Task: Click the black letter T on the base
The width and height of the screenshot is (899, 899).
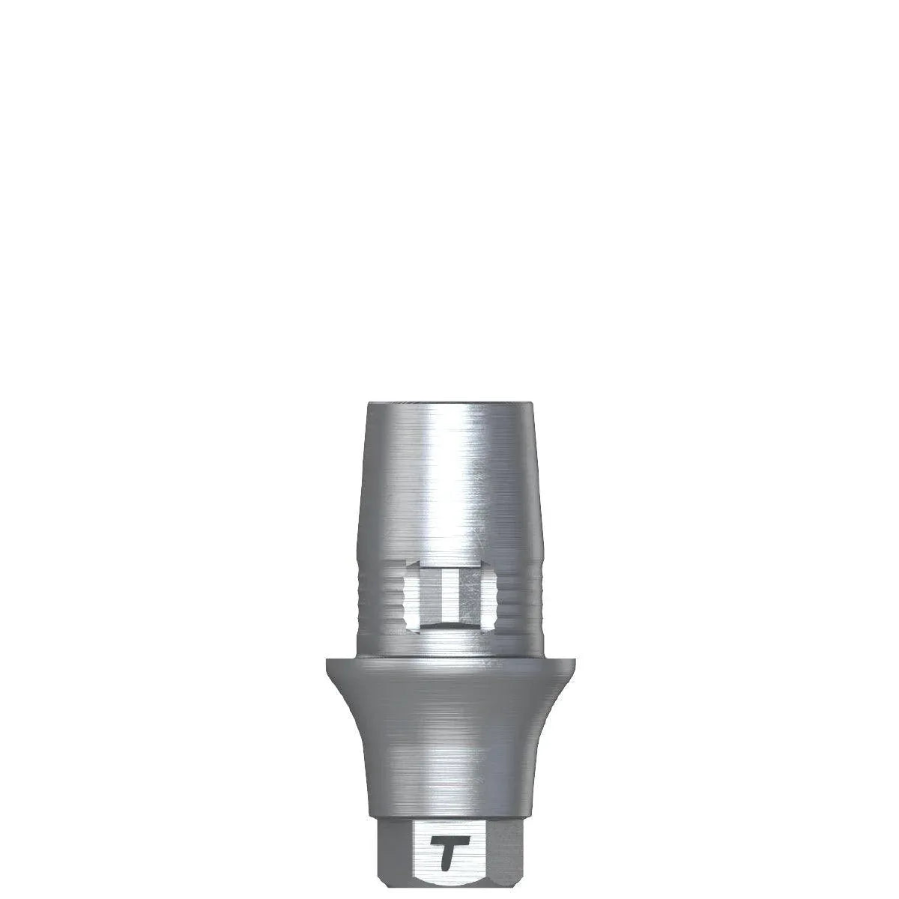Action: [450, 855]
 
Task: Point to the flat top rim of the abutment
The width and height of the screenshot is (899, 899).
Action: [450, 405]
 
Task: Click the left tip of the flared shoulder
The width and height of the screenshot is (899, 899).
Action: [327, 659]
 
